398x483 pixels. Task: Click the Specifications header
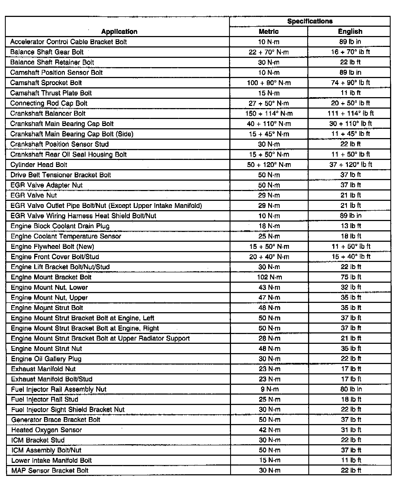tap(310, 21)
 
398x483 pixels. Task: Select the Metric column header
tap(268, 32)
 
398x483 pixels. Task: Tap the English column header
tap(350, 32)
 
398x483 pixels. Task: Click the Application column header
tap(119, 32)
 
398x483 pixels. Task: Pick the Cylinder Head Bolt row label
tap(39, 165)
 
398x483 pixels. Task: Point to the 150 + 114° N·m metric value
tap(269, 114)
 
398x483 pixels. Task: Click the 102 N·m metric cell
tap(269, 277)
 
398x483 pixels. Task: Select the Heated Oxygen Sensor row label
tap(46, 430)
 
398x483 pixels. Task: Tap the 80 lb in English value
tap(351, 389)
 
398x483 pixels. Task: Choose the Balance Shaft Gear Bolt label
tap(47, 52)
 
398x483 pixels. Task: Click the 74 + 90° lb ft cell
tap(350, 83)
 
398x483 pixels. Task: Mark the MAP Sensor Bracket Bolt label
tap(50, 470)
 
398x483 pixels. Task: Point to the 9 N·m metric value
tap(269, 389)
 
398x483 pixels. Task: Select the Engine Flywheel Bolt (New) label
tap(52, 247)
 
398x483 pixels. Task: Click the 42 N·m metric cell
tap(270, 430)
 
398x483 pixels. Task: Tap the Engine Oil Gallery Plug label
tap(46, 359)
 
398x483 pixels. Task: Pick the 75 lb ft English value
tap(351, 277)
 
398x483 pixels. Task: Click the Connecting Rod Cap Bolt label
tap(49, 103)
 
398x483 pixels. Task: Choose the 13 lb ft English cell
tap(351, 226)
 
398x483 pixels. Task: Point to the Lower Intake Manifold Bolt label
tap(51, 461)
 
